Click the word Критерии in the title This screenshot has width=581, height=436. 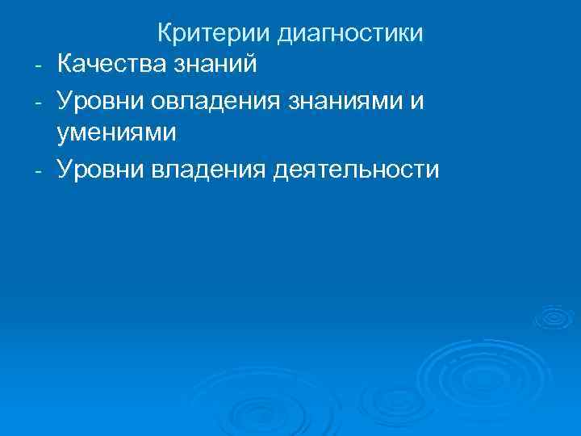[x=213, y=34]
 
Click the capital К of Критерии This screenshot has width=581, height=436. [x=165, y=34]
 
